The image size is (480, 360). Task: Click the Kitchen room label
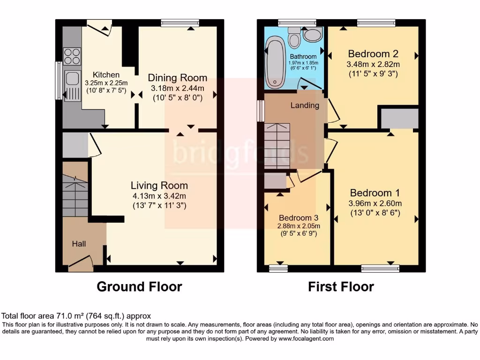click(106, 75)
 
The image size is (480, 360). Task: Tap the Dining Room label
click(177, 78)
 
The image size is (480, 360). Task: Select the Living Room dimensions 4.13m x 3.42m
click(159, 196)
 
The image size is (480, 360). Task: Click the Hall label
click(79, 244)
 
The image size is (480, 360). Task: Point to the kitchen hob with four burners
click(72, 56)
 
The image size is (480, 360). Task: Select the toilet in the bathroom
click(294, 38)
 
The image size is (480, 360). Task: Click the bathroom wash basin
click(313, 33)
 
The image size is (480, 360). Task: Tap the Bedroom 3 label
click(299, 218)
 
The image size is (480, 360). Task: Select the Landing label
click(305, 105)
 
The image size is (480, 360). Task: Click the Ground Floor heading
click(139, 286)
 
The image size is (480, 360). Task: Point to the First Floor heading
click(341, 286)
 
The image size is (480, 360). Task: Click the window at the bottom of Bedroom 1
click(380, 269)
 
